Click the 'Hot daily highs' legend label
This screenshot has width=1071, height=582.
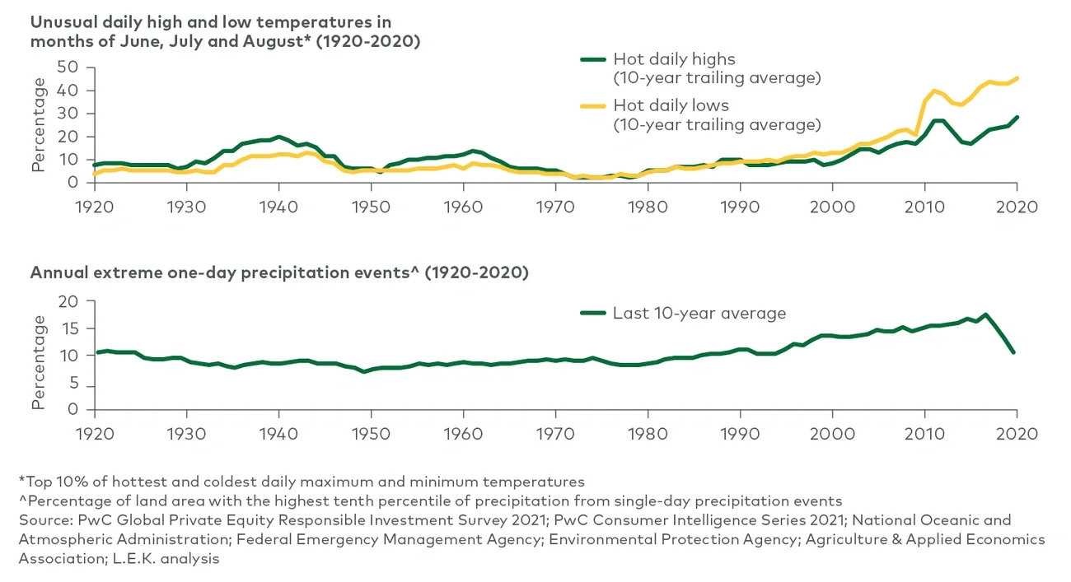tap(674, 59)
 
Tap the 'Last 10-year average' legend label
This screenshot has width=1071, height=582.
tap(699, 313)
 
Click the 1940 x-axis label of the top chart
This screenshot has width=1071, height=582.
tap(278, 207)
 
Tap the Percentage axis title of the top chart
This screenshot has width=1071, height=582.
tap(38, 126)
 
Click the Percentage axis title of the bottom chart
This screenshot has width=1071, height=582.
tap(38, 363)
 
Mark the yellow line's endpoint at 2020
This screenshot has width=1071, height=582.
tap(1017, 78)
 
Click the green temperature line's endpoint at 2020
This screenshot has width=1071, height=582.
tap(1017, 117)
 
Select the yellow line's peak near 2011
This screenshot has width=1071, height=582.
tap(933, 91)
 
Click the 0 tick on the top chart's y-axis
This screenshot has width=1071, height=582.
tap(72, 183)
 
